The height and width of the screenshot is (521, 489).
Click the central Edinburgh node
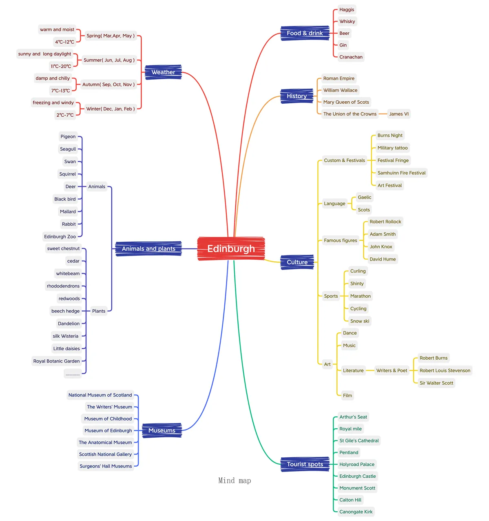(x=231, y=248)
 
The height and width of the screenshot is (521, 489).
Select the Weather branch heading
(x=163, y=72)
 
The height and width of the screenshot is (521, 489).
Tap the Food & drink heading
(x=305, y=33)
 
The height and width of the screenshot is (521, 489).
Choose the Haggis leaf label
(x=346, y=10)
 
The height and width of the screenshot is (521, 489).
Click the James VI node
(x=398, y=114)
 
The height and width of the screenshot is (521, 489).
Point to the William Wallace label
(x=340, y=90)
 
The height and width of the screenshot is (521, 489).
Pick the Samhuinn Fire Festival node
(x=401, y=173)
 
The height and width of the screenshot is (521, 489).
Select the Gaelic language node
(x=364, y=197)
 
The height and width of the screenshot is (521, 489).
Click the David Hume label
(x=382, y=259)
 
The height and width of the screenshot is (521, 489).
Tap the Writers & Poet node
(x=392, y=370)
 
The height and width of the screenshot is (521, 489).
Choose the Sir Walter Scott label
(x=436, y=383)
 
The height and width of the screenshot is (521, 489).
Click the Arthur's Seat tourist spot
(x=353, y=417)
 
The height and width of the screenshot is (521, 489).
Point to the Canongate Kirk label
(x=356, y=512)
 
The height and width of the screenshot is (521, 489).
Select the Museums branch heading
(x=162, y=430)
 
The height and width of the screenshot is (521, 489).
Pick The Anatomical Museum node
(x=105, y=442)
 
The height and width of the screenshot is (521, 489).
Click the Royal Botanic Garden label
(x=56, y=361)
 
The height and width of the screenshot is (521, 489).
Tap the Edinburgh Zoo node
(x=60, y=237)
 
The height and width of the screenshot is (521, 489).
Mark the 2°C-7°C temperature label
(x=65, y=115)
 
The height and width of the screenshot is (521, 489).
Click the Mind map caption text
(x=235, y=481)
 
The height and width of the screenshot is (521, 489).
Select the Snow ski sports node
(x=360, y=321)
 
